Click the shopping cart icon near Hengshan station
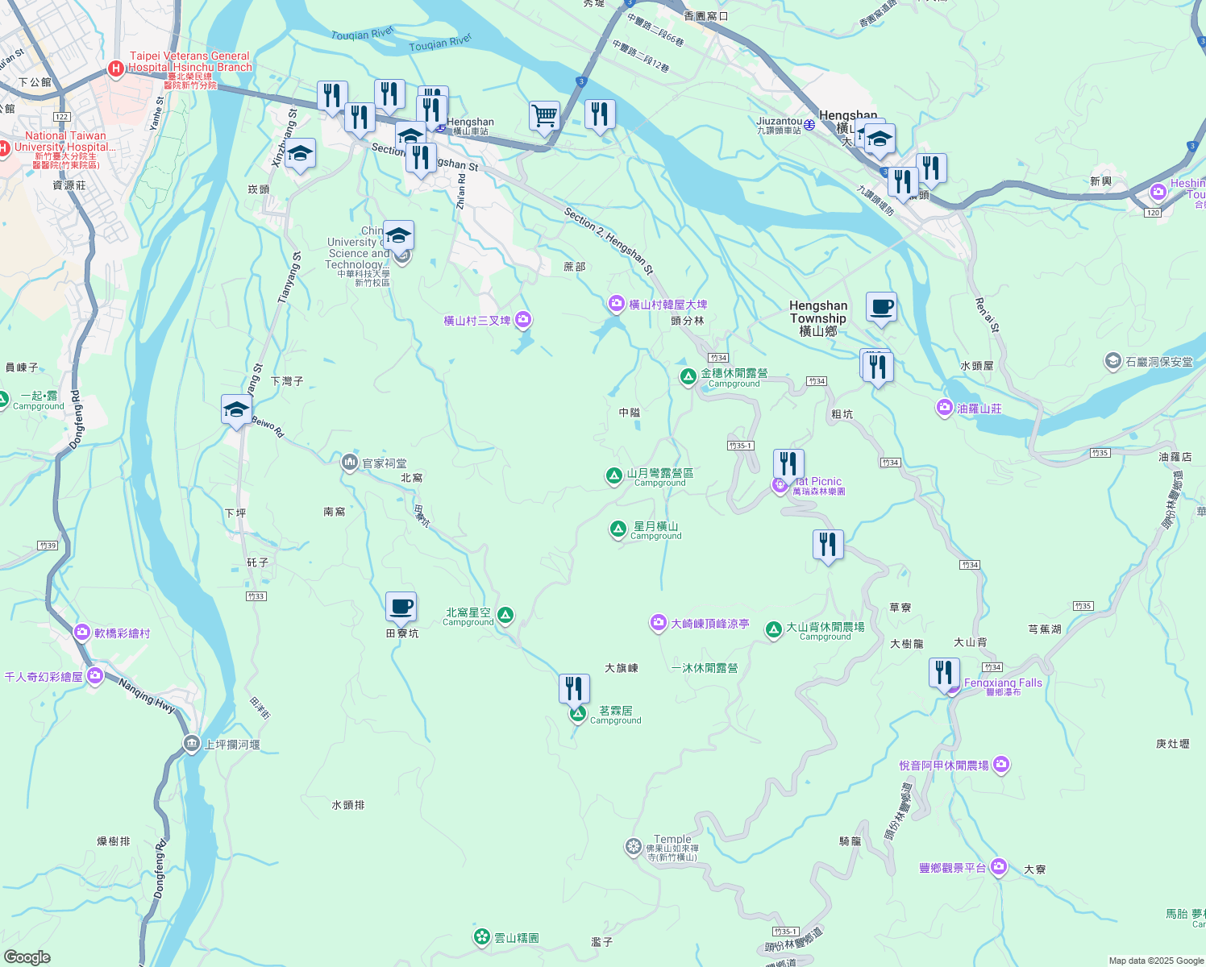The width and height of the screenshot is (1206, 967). tap(545, 115)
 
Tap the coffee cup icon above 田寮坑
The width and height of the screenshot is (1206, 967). tap(401, 607)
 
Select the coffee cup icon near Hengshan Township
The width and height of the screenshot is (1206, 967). tap(881, 307)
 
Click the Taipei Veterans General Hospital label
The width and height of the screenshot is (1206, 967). tap(190, 62)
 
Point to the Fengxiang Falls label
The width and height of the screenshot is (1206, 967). tap(1003, 683)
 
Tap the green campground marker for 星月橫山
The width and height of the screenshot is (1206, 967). tap(618, 529)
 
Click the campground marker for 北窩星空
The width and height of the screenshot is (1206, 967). tap(505, 616)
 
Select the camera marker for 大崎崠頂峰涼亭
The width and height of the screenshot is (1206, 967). tap(659, 623)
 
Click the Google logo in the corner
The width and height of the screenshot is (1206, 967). tap(27, 957)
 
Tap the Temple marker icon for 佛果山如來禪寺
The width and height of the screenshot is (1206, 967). tap(633, 846)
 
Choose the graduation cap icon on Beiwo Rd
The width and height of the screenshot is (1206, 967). tap(236, 410)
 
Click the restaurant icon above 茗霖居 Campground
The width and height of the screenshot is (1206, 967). tap(574, 688)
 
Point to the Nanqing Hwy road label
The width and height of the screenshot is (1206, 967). tap(147, 695)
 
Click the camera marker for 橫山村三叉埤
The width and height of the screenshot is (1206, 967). tap(523, 320)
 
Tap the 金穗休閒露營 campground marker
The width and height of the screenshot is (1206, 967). tap(688, 376)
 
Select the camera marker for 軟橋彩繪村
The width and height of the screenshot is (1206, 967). tap(81, 633)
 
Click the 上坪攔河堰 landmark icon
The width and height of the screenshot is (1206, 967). tap(191, 744)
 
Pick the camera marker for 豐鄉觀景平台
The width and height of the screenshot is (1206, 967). tap(999, 866)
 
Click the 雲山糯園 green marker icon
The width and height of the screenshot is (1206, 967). tap(482, 936)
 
